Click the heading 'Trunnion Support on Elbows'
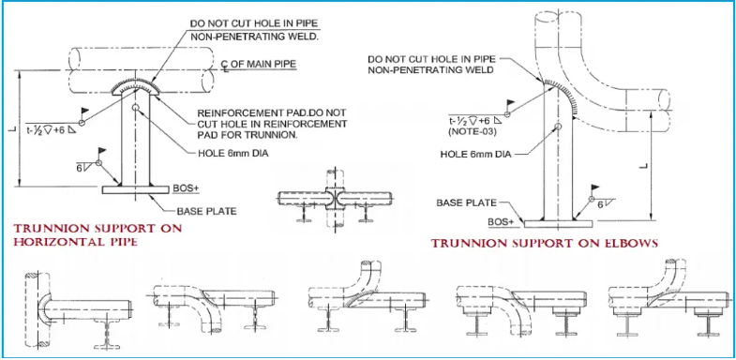pyautogui.click(x=545, y=244)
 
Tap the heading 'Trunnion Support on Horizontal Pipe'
pyautogui.click(x=98, y=235)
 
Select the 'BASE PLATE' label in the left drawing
pyautogui.click(x=206, y=211)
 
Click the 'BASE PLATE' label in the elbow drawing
pyautogui.click(x=466, y=202)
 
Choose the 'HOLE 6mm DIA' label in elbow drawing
pyautogui.click(x=475, y=154)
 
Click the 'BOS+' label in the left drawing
pyautogui.click(x=187, y=187)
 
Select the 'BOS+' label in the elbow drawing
pyautogui.click(x=501, y=221)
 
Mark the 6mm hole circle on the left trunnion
pyautogui.click(x=136, y=108)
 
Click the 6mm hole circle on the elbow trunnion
pyautogui.click(x=558, y=127)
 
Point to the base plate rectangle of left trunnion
pyautogui.click(x=136, y=189)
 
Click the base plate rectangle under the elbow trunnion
pyautogui.click(x=558, y=224)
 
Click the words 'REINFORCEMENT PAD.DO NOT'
pyautogui.click(x=272, y=113)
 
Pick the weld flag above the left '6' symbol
pyautogui.click(x=100, y=152)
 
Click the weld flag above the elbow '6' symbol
pyautogui.click(x=594, y=187)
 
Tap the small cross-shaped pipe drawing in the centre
pyautogui.click(x=334, y=197)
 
